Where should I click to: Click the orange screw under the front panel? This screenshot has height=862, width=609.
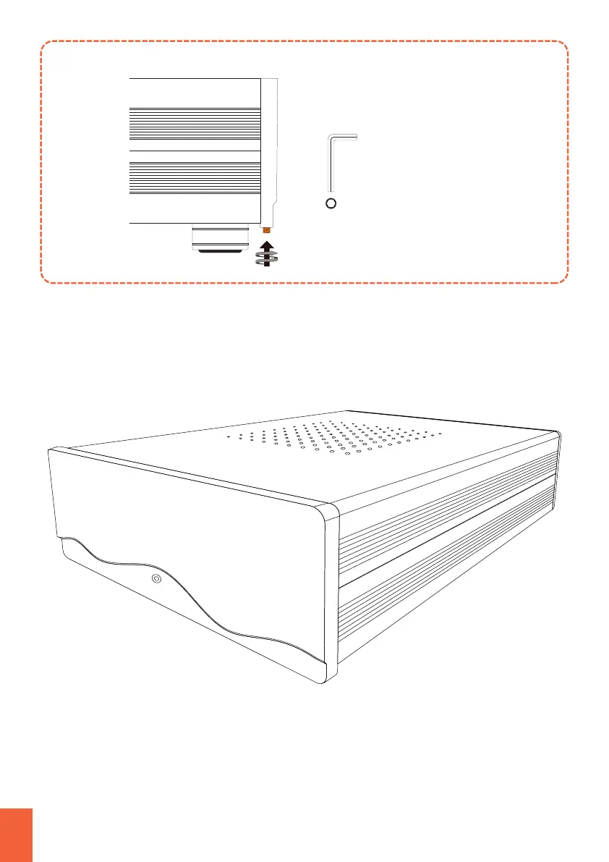tap(267, 230)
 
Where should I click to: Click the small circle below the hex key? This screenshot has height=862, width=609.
tap(331, 203)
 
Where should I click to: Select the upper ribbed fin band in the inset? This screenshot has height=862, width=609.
tap(195, 124)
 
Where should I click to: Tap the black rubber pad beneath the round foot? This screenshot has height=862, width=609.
tap(219, 252)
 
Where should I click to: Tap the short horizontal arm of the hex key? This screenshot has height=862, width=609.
tap(343, 136)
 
